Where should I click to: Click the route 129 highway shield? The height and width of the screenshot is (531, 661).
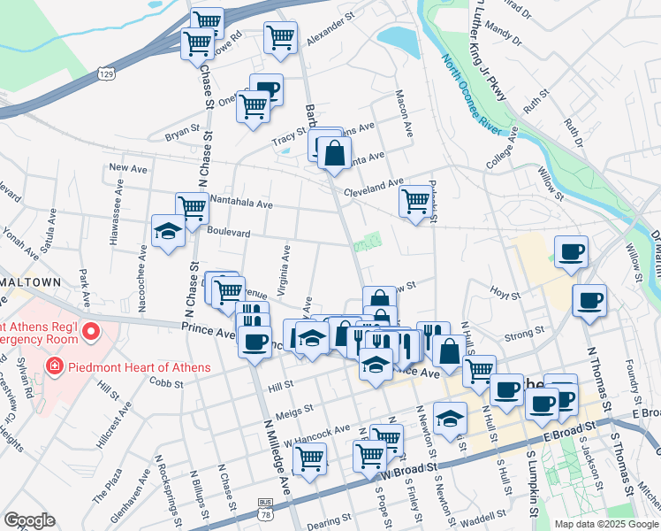(107, 72)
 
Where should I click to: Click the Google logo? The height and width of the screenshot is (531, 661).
(29, 519)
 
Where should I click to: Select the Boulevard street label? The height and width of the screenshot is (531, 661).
(229, 232)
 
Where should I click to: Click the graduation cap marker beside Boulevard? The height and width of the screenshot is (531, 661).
(168, 231)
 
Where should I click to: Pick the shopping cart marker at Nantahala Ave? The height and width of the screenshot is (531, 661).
(191, 208)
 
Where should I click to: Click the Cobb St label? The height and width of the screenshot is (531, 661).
(166, 384)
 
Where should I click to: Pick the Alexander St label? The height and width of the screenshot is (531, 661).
(330, 40)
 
